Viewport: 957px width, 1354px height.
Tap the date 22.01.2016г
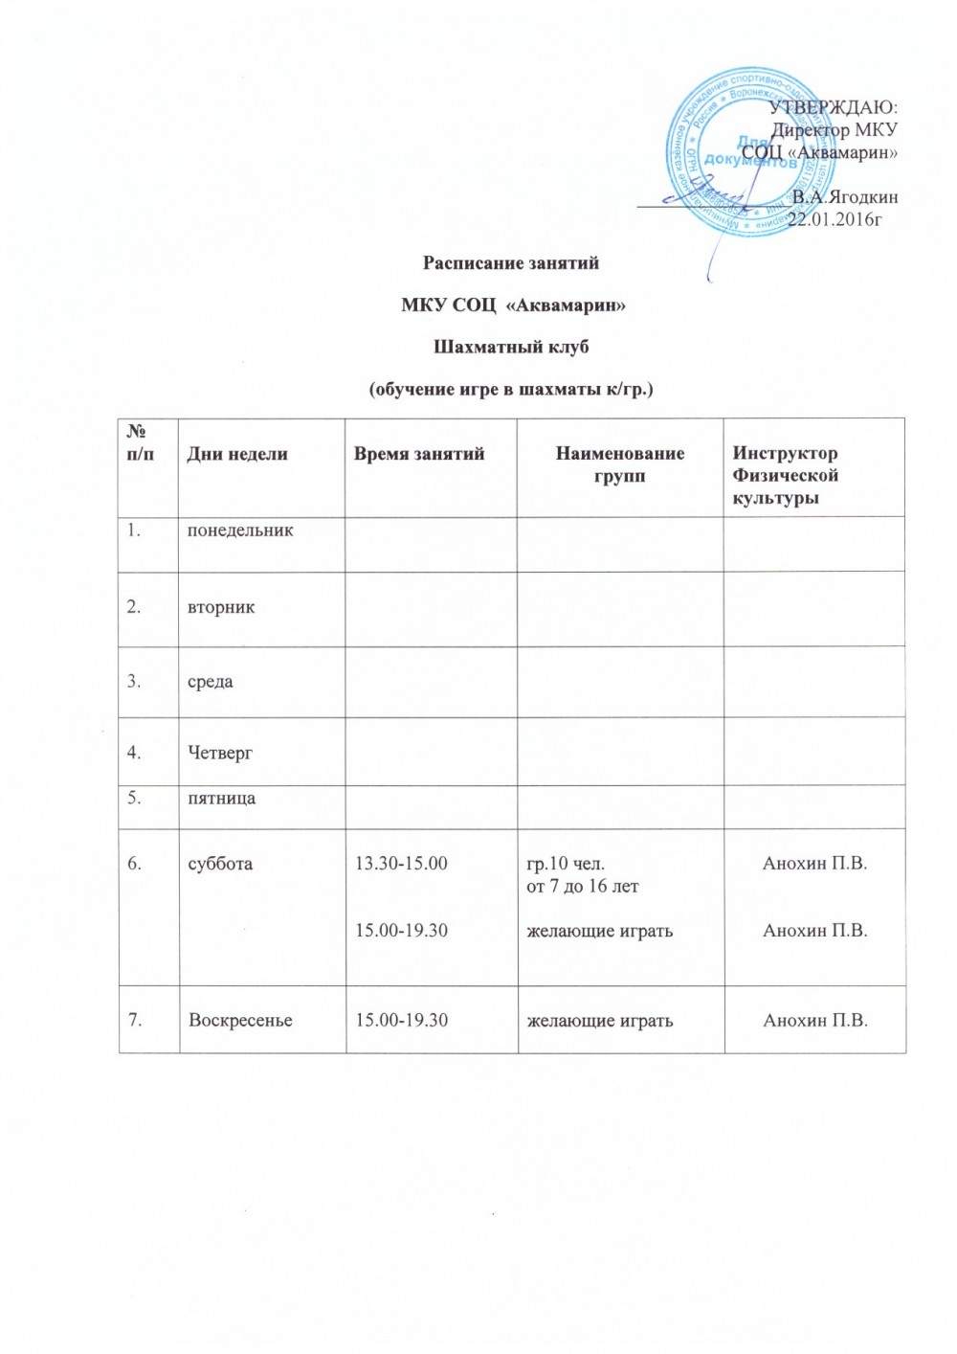[834, 219]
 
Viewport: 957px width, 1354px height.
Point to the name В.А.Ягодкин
[846, 196]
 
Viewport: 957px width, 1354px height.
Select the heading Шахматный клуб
[512, 347]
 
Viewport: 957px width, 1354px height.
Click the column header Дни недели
[237, 454]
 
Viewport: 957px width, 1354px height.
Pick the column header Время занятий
[419, 454]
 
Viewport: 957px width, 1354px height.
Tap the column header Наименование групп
[620, 464]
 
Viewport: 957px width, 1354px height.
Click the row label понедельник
[240, 530]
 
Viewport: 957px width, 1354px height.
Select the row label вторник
[221, 607]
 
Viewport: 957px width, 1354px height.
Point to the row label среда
[211, 682]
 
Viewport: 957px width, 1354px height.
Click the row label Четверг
[220, 753]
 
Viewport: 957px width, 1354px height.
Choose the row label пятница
[221, 798]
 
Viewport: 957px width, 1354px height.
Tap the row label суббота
[220, 863]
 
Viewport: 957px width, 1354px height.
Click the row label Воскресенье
[240, 1020]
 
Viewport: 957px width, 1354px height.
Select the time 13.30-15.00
[401, 863]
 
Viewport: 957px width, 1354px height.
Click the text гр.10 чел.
[566, 863]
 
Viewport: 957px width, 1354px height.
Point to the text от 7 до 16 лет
[583, 886]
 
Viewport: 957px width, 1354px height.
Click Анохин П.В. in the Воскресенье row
[814, 1020]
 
